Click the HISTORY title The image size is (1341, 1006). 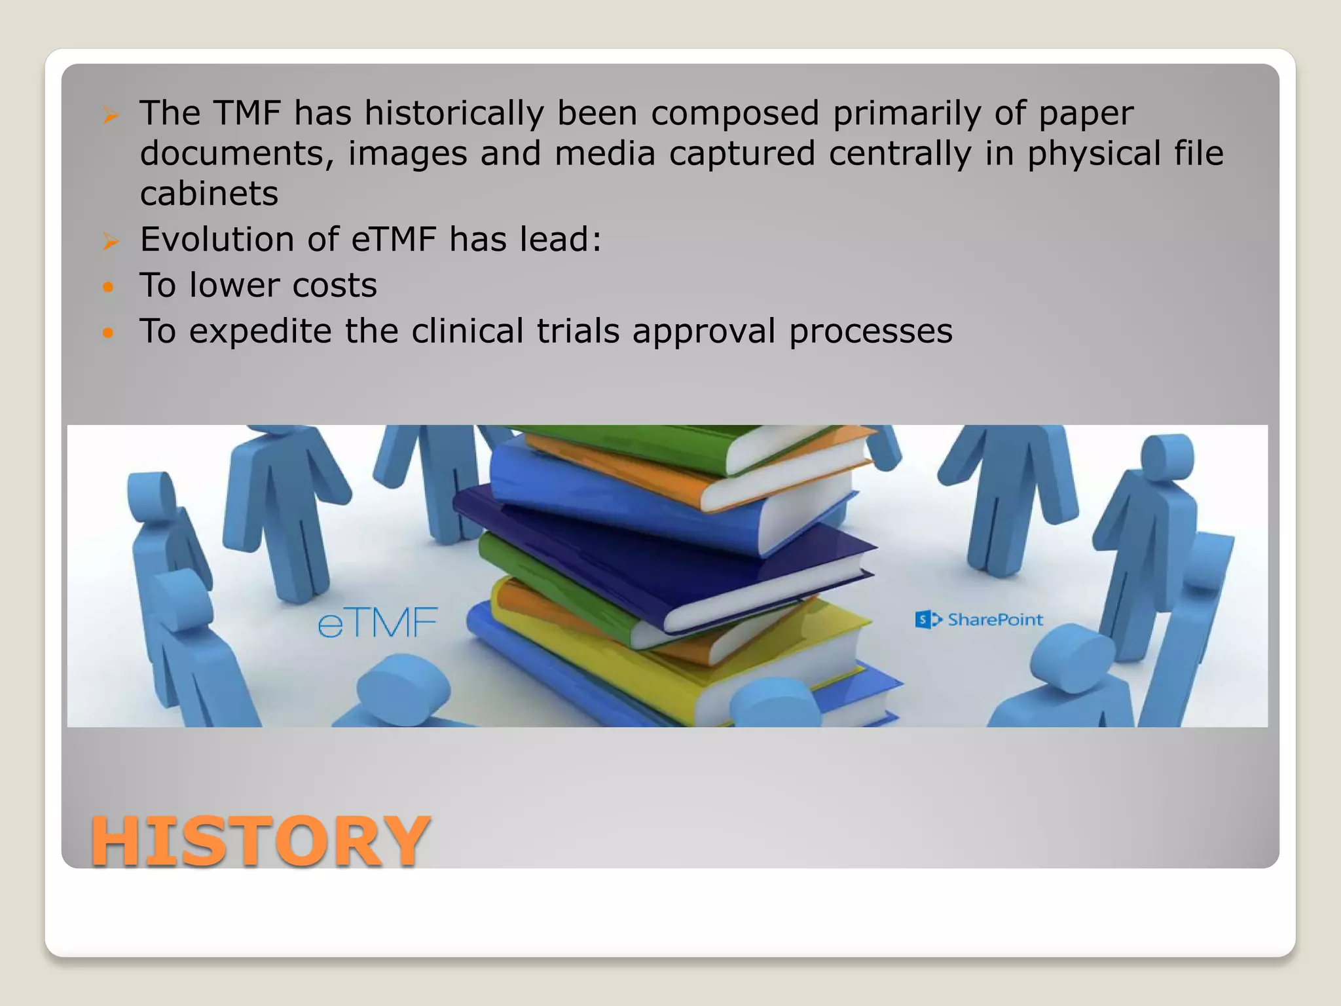260,841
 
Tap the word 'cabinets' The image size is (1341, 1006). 209,194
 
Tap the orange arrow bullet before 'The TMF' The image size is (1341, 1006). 110,116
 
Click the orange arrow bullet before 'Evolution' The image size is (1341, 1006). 110,242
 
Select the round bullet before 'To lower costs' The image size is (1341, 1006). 108,287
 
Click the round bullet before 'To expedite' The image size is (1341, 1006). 108,333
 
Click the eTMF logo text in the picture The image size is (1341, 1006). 377,623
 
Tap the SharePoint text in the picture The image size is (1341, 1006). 995,620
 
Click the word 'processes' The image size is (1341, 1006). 870,331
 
